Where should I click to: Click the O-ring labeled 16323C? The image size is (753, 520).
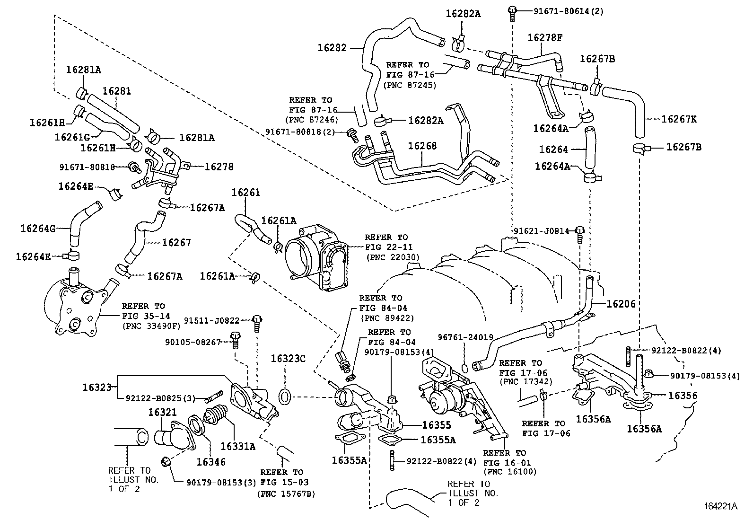284,397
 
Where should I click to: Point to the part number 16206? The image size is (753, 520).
621,304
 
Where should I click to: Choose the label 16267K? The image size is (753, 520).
679,119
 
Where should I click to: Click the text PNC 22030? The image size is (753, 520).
392,257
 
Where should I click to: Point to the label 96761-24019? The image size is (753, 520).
465,337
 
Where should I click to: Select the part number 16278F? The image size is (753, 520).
545,37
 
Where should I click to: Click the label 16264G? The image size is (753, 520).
38,229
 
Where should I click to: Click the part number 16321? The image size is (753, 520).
162,412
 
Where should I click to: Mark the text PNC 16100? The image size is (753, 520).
510,471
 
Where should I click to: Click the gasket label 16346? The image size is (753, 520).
211,462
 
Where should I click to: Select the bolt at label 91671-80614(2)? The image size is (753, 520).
512,11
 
